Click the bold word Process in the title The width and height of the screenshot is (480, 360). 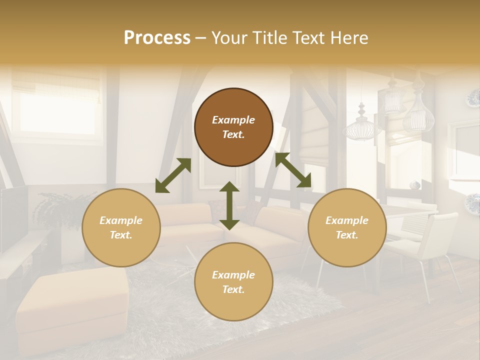pyautogui.click(x=157, y=38)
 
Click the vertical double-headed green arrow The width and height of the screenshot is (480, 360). pyautogui.click(x=229, y=205)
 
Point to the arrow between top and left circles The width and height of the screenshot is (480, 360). pyautogui.click(x=173, y=175)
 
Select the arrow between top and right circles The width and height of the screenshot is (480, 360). pyautogui.click(x=293, y=170)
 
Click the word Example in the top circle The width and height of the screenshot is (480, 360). pyautogui.click(x=233, y=120)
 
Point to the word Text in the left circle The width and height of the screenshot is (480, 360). pyautogui.click(x=121, y=235)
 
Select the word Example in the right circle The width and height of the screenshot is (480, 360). pyautogui.click(x=347, y=220)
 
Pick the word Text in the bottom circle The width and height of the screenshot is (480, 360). pyautogui.click(x=233, y=289)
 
